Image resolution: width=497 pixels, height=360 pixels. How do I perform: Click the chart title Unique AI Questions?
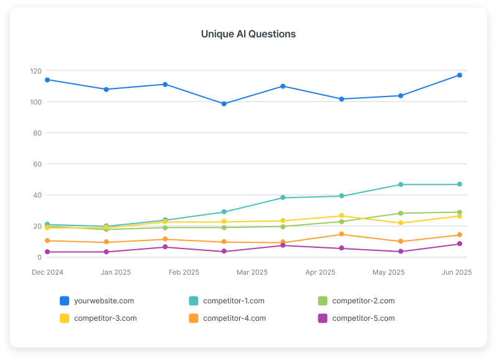click(248, 34)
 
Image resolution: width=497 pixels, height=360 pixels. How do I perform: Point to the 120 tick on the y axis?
click(35, 71)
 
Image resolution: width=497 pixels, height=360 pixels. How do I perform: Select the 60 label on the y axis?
click(37, 164)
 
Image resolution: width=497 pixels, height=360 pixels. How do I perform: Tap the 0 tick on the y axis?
click(39, 257)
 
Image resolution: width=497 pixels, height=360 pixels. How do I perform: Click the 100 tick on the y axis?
click(35, 102)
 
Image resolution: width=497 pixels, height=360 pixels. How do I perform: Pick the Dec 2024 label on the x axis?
click(47, 272)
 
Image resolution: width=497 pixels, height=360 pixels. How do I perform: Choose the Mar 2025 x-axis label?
click(252, 272)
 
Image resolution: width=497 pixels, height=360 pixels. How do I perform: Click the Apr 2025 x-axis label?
click(320, 272)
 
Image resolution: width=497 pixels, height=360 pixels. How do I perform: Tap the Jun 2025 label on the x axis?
click(456, 272)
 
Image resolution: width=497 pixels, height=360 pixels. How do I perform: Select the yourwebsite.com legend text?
click(103, 301)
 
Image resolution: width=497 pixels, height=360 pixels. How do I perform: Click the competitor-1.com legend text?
click(234, 301)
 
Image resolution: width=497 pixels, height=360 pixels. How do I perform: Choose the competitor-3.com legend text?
click(105, 318)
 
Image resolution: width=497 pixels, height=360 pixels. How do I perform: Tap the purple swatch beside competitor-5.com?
click(323, 318)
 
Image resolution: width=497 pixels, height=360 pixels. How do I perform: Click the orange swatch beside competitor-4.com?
click(193, 318)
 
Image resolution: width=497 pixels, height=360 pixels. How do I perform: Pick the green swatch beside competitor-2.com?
click(323, 301)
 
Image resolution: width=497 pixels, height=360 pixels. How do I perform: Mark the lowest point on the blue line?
click(224, 104)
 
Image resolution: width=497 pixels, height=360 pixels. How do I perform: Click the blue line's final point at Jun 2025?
click(460, 75)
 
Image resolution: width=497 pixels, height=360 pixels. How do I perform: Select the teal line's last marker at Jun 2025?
click(460, 184)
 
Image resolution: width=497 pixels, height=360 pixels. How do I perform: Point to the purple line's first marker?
click(47, 252)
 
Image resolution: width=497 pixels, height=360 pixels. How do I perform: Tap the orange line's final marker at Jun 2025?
click(460, 235)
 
